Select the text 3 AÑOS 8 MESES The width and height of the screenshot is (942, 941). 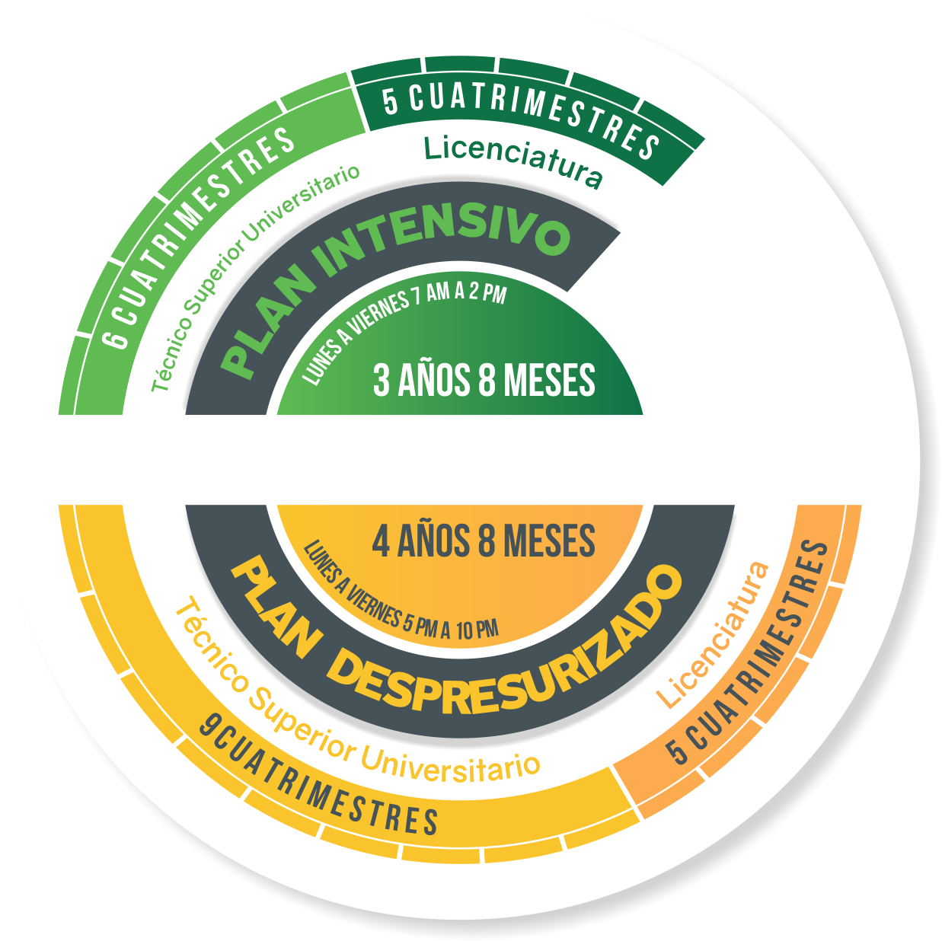point(484,380)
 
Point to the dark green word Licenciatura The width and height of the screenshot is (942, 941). point(513,161)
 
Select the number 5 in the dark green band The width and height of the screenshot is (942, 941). point(391,101)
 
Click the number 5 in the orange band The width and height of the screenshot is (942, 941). point(678,751)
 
